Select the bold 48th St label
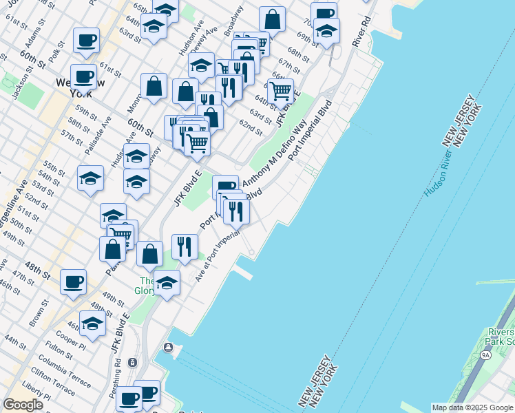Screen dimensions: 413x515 [39, 265]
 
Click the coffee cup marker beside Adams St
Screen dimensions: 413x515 [86, 41]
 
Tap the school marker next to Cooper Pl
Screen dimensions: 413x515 [92, 323]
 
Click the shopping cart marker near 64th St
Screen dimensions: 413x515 [280, 90]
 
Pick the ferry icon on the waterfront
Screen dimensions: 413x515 [168, 348]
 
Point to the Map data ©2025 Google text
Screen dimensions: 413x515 [472, 407]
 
